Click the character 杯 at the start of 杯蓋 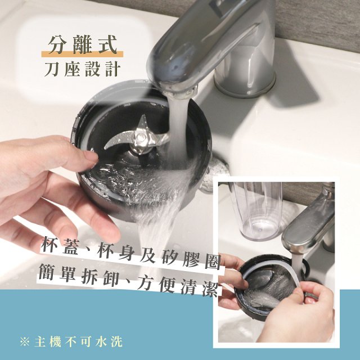pyautogui.click(x=52, y=246)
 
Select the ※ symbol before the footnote pyautogui.click(x=24, y=341)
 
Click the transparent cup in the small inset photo pyautogui.click(x=255, y=208)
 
